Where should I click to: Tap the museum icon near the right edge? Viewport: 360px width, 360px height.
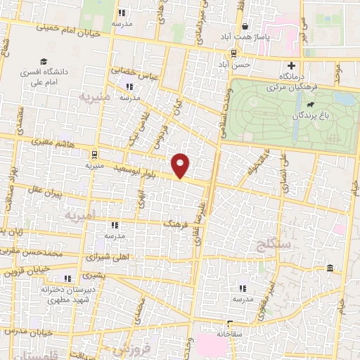click(x=330, y=268)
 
